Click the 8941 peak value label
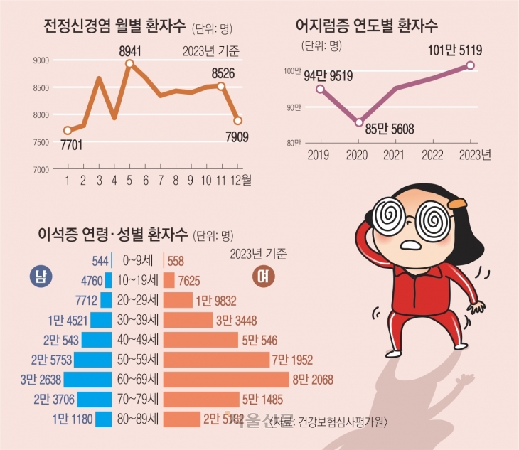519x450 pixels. tap(130, 50)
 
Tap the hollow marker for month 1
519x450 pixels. tap(68, 130)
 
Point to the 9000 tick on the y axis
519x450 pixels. tap(40, 60)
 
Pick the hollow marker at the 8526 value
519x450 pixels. tap(221, 86)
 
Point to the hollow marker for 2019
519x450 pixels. tap(320, 89)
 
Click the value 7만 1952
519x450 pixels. tap(293, 359)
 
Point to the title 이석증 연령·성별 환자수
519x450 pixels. tap(107, 233)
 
